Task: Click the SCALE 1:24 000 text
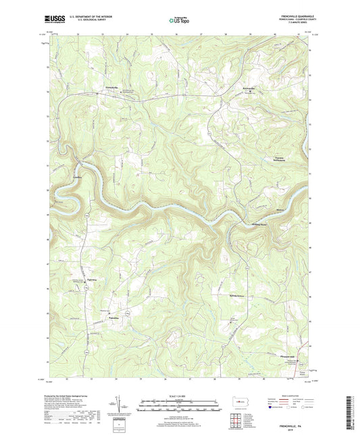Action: pyautogui.click(x=180, y=395)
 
